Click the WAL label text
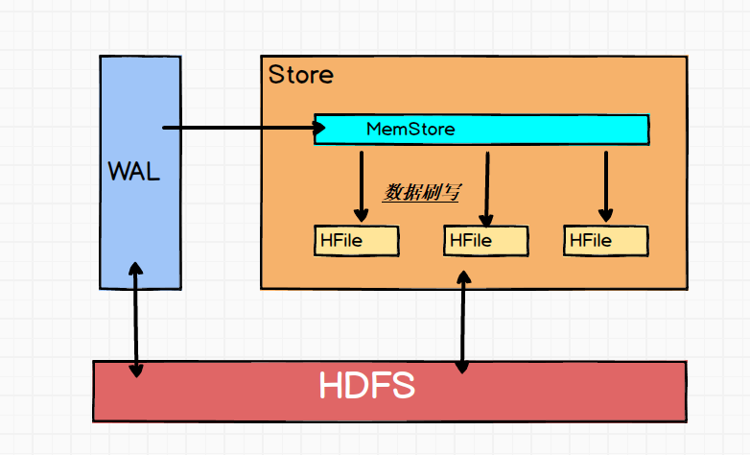pyautogui.click(x=133, y=173)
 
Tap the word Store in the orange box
pyautogui.click(x=301, y=74)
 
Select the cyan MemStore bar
pyautogui.click(x=537, y=129)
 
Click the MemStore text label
pyautogui.click(x=410, y=129)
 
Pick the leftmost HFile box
pyautogui.click(x=356, y=240)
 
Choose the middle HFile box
pyautogui.click(x=486, y=240)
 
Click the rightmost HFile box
pyautogui.click(x=605, y=240)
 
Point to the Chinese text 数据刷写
pyautogui.click(x=422, y=192)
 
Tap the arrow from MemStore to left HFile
pyautogui.click(x=361, y=182)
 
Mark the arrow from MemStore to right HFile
pyautogui.click(x=605, y=182)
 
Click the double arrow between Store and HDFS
pyautogui.click(x=464, y=322)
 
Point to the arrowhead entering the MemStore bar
pyautogui.click(x=309, y=128)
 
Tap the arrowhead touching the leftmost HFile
pyautogui.click(x=361, y=214)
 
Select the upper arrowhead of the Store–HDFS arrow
pyautogui.click(x=464, y=276)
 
